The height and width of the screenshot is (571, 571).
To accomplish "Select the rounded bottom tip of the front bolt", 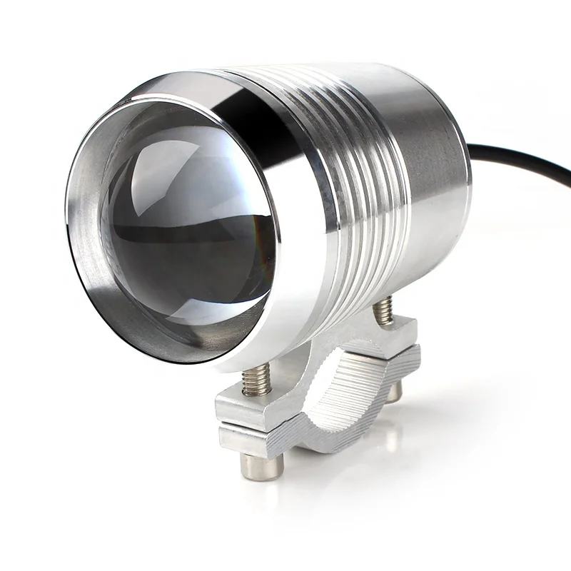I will point(261,468).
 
